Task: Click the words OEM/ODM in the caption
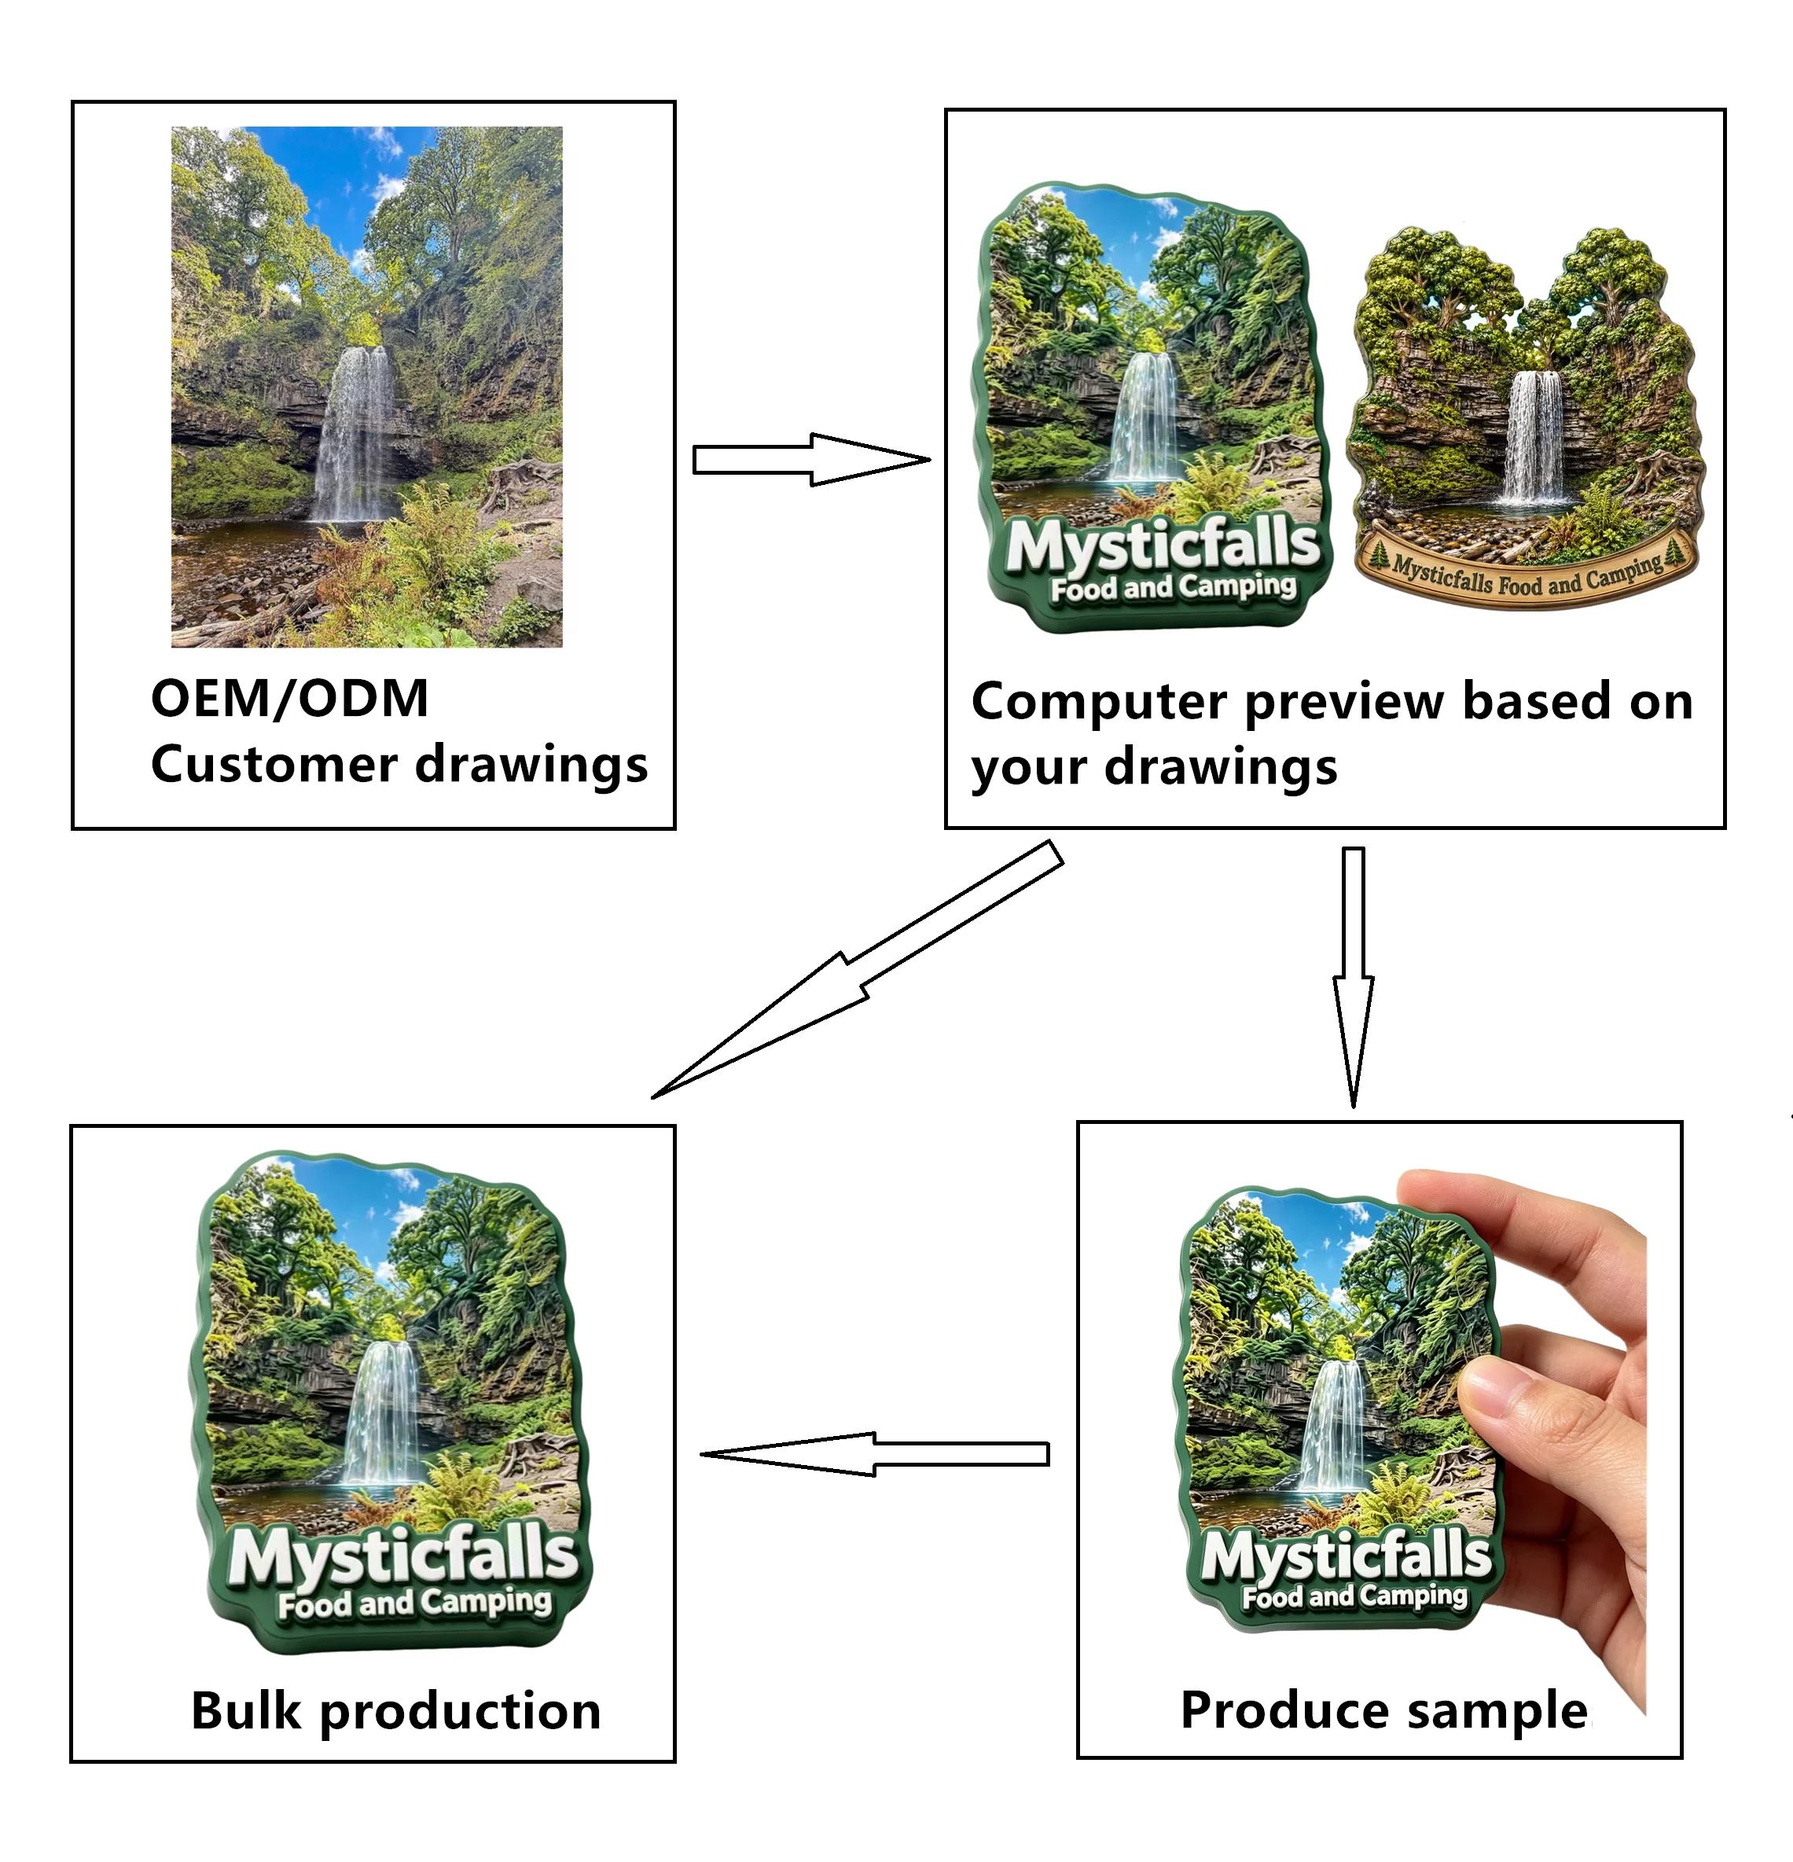[x=290, y=700]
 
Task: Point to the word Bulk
[x=246, y=1711]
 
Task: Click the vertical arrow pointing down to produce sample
[x=1353, y=978]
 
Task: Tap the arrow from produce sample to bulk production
[x=874, y=1454]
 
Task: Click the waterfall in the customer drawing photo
[x=356, y=433]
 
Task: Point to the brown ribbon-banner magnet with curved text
[x=1525, y=418]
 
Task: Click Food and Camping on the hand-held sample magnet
[x=1355, y=1597]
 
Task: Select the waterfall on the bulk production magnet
[x=384, y=1412]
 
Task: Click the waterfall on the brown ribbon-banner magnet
[x=1534, y=436]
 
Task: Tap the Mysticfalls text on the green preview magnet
[x=1163, y=545]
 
